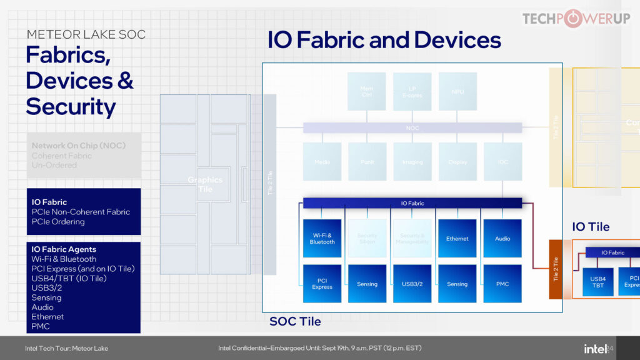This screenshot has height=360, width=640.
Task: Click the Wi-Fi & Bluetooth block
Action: click(x=322, y=238)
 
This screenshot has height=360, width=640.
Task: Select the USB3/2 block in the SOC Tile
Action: click(x=412, y=283)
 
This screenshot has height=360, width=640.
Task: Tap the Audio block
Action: click(x=502, y=238)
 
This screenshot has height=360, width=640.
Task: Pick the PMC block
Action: click(x=502, y=283)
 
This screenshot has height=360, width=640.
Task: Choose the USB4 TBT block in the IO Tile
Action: click(x=597, y=281)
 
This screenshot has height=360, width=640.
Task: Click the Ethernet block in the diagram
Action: click(x=457, y=238)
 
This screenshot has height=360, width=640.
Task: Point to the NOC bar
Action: click(x=412, y=128)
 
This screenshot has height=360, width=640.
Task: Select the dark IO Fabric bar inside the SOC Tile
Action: click(x=412, y=203)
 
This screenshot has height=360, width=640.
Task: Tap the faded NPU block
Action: click(x=457, y=91)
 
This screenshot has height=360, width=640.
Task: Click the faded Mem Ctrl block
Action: click(x=367, y=91)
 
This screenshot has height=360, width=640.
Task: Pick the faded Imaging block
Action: click(x=412, y=161)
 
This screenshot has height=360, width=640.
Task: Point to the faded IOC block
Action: click(x=502, y=161)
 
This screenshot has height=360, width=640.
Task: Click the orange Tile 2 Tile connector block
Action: click(x=556, y=269)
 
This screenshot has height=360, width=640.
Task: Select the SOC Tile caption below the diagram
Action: click(x=295, y=322)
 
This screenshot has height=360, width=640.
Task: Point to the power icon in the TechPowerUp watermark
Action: click(x=571, y=19)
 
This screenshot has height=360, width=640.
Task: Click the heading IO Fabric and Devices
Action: click(x=384, y=40)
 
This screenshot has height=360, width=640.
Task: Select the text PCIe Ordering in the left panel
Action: click(x=58, y=221)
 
